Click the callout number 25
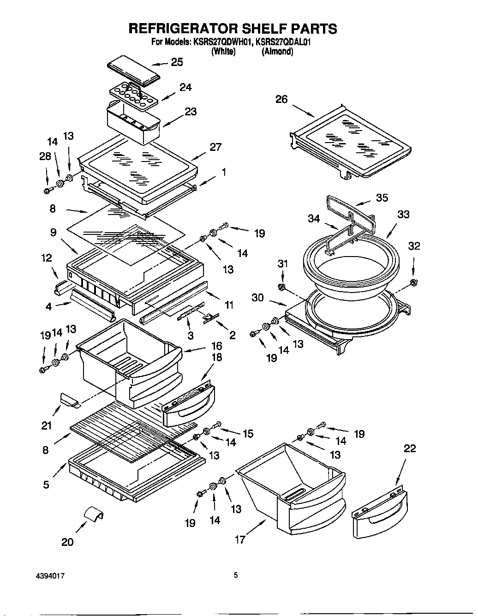click(177, 62)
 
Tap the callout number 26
click(281, 99)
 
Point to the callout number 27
click(215, 147)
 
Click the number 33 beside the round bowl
click(403, 214)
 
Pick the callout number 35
click(382, 197)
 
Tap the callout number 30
click(258, 298)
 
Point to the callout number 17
click(240, 539)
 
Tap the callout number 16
click(216, 346)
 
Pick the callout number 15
click(248, 433)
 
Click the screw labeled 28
click(47, 190)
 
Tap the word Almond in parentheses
click(277, 52)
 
